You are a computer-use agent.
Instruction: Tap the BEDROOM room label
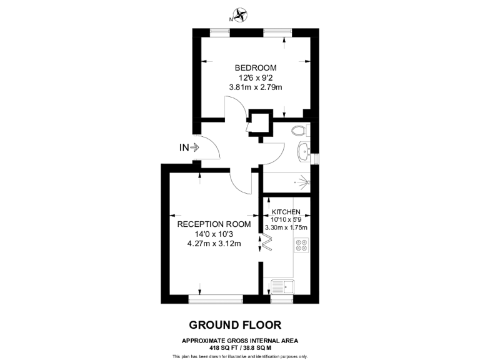coord(256,67)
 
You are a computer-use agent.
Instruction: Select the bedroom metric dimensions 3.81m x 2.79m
coord(256,87)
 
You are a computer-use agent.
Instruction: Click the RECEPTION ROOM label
coord(214,224)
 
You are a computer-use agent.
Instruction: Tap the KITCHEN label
coord(286,212)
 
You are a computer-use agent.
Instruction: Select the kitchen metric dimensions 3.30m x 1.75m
coord(286,227)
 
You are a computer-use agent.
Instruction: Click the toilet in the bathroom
coord(301,131)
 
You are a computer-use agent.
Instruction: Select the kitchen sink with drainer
coord(284,287)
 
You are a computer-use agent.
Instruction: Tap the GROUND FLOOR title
coord(235,324)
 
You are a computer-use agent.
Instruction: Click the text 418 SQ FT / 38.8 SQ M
coord(240,347)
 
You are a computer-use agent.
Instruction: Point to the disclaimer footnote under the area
coord(240,356)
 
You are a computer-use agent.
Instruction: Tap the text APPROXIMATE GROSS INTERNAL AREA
coord(240,340)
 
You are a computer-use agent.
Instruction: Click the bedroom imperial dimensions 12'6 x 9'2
coord(256,77)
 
